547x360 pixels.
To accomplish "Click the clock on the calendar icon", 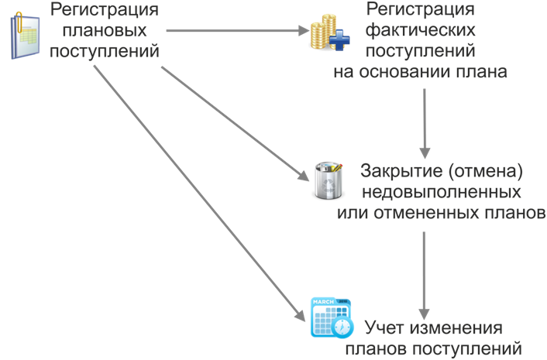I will (x=342, y=327).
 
